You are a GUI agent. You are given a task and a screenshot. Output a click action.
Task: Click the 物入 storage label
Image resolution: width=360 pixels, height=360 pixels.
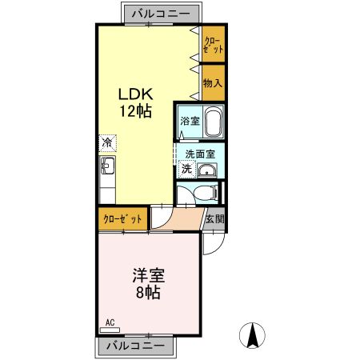[x=212, y=82]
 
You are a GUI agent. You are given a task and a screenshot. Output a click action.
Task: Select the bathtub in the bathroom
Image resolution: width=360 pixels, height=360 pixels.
[x=212, y=123]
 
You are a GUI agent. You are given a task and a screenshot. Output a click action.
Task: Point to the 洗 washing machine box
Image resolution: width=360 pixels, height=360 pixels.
[x=186, y=169]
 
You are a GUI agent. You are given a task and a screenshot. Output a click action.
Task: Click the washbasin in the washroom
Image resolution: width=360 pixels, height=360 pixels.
[x=207, y=170]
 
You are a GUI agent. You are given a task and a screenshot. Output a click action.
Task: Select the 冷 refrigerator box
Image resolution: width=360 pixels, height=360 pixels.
[x=107, y=142]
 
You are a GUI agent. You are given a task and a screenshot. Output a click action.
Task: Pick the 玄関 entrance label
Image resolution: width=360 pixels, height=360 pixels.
[x=214, y=218]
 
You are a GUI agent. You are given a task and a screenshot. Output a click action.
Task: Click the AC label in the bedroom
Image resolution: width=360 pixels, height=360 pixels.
[x=110, y=323]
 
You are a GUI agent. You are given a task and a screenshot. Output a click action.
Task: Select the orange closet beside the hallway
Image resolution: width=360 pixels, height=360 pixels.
[x=123, y=218]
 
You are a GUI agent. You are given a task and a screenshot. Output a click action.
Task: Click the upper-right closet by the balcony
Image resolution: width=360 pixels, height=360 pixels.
[x=212, y=43]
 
